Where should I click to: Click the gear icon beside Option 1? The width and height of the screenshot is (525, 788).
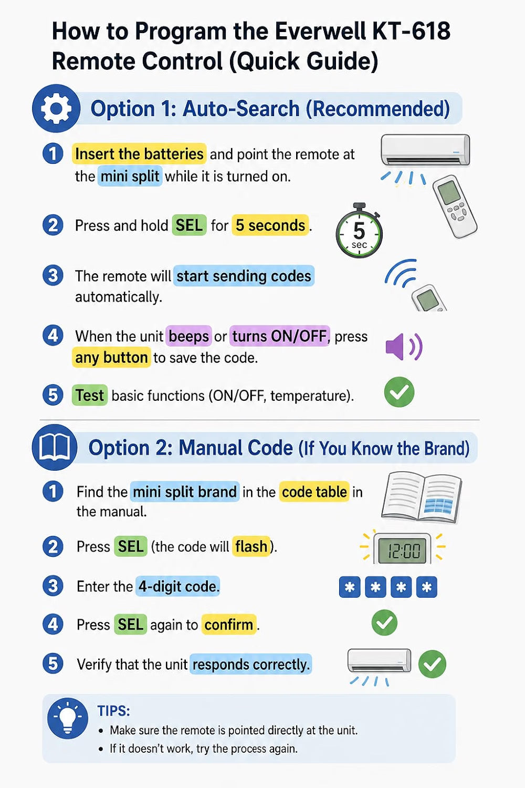tap(56, 108)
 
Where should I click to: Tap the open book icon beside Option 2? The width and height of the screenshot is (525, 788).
tap(55, 447)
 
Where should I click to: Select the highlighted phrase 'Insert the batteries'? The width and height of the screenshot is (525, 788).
tap(139, 154)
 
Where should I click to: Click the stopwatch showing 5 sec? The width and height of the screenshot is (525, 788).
tap(359, 230)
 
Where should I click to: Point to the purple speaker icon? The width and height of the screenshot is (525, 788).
tap(404, 347)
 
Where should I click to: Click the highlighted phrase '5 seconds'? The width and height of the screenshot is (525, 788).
tap(270, 225)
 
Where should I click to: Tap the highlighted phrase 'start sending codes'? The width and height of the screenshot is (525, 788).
tap(244, 276)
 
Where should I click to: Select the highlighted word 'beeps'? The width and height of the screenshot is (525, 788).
tap(189, 336)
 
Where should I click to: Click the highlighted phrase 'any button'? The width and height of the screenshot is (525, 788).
tap(111, 357)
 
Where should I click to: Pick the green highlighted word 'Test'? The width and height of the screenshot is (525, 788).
tap(90, 395)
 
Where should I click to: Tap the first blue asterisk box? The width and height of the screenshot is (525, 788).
tap(350, 587)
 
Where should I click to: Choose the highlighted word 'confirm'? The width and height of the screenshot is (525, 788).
tap(228, 625)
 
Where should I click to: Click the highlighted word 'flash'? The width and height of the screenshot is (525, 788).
tap(251, 546)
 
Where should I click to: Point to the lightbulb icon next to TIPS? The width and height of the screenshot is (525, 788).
tap(68, 718)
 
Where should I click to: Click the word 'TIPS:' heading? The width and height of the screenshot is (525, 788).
tap(113, 711)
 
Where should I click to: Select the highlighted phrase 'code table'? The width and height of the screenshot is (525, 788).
tap(314, 491)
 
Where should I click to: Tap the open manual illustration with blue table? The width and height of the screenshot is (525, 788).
tap(421, 497)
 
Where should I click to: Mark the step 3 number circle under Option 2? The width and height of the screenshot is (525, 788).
tap(52, 586)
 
